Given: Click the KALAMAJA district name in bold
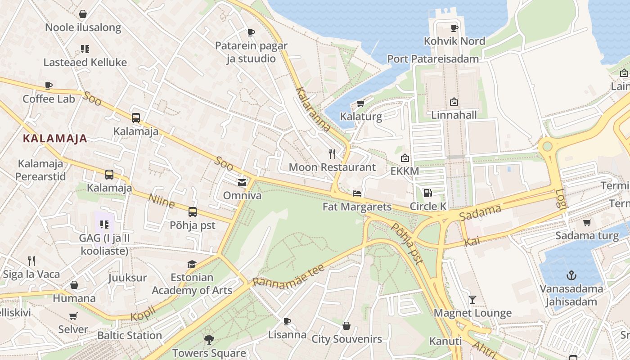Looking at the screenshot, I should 55,139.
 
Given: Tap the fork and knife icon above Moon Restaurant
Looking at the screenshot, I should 332,154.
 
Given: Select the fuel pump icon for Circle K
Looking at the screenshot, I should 427,193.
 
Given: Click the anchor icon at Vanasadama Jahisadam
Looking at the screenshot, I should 571,275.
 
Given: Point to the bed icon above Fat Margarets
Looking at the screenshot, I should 357,193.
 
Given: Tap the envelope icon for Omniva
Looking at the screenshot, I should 242,182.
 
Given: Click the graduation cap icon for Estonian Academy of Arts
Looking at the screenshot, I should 192,264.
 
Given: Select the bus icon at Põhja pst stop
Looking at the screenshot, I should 193,211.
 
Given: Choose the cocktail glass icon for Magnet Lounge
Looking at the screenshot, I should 472,300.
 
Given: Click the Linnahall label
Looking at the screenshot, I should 454,115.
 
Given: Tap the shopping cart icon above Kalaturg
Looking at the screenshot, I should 360,103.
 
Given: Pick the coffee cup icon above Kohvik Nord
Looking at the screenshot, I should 454,28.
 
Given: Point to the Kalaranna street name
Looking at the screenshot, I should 313,110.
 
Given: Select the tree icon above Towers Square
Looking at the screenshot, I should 209,339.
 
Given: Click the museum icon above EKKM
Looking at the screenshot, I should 405,158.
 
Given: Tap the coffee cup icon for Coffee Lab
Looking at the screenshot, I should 49,85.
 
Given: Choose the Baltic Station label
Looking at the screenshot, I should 130,336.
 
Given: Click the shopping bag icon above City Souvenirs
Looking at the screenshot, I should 346,326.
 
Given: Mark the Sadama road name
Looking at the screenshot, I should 480,212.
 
